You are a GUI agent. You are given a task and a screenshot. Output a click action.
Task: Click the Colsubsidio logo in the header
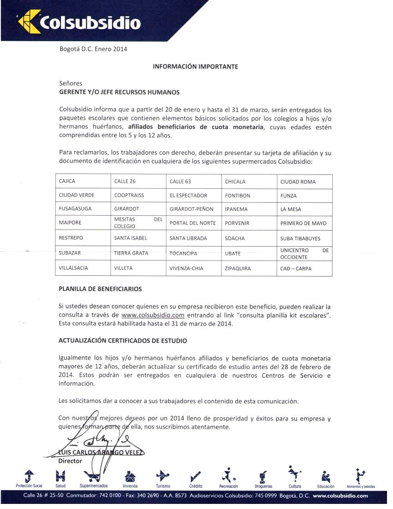tap(79, 22)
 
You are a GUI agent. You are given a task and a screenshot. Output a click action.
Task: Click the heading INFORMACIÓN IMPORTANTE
tap(196, 67)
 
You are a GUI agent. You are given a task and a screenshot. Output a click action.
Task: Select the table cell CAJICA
tap(67, 181)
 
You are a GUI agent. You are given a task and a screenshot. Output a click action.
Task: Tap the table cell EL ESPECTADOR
tap(188, 195)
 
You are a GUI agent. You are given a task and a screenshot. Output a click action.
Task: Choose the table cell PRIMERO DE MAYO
tap(303, 223)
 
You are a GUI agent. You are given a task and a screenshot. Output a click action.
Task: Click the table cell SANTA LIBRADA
tap(188, 238)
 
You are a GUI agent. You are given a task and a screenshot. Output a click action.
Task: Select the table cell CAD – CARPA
tap(296, 268)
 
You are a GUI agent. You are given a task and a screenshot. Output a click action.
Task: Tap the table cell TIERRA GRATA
tap(131, 253)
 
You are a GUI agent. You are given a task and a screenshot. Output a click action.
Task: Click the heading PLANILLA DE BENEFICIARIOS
tap(100, 289)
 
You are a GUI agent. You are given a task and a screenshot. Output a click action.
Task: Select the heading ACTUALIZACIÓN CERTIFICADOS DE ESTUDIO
tap(123, 341)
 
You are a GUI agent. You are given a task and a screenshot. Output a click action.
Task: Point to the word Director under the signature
tap(70, 461)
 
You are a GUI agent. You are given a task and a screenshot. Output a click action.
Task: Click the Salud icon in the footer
tap(60, 476)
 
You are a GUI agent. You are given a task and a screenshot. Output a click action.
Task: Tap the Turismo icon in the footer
tap(163, 476)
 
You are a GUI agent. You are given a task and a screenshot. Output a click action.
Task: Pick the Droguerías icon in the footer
tap(263, 476)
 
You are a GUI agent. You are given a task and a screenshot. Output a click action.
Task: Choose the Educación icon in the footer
tap(325, 476)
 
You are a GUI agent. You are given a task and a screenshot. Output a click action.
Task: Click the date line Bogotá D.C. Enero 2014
tap(93, 49)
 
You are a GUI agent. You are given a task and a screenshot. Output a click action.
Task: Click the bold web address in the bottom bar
tap(340, 496)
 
